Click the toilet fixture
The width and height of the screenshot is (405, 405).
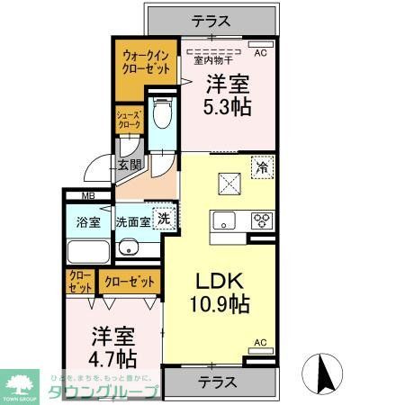click(x=162, y=115)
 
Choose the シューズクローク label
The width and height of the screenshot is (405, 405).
click(x=128, y=121)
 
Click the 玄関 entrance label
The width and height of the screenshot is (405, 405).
click(x=129, y=165)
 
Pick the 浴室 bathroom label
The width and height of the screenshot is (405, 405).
click(x=87, y=220)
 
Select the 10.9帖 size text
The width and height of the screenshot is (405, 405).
click(x=219, y=304)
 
